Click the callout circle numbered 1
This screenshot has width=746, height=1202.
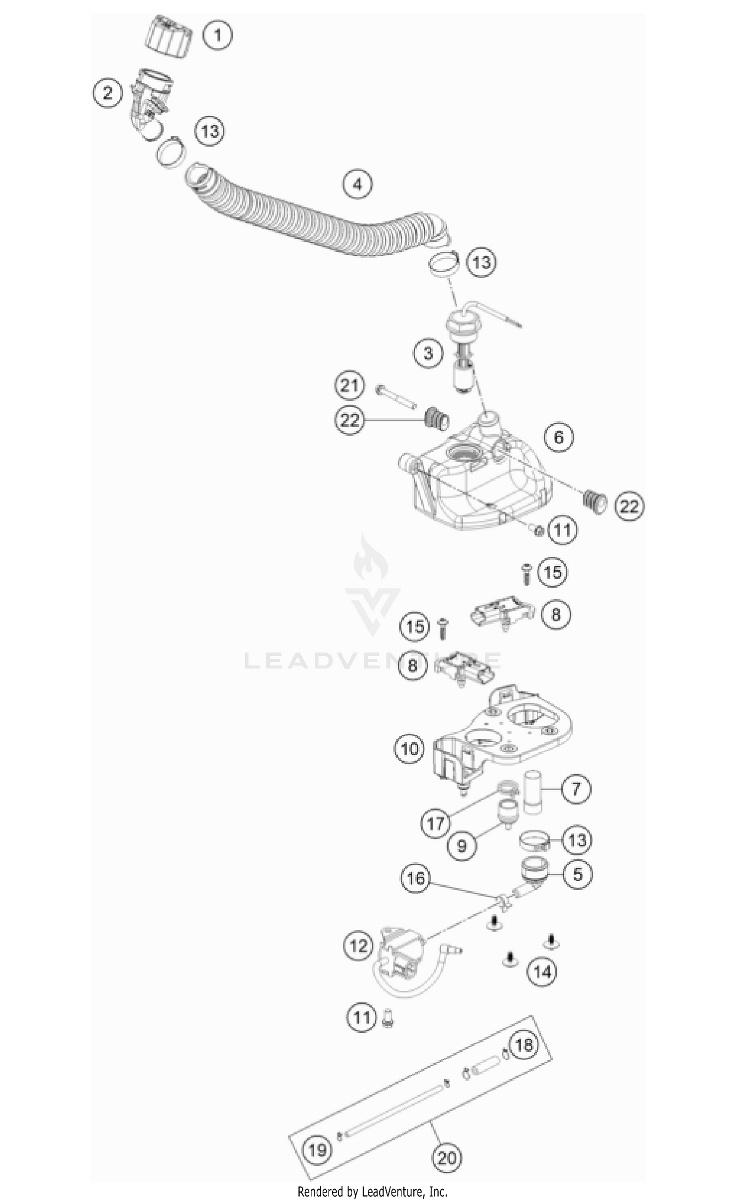point(217,35)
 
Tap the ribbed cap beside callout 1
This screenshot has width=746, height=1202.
point(170,36)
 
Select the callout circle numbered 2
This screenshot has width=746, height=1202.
point(107,93)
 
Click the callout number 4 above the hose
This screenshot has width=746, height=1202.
point(358,185)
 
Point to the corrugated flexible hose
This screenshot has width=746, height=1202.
point(308,219)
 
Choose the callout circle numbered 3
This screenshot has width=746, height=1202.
point(428,354)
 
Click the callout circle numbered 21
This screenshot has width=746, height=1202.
point(349,386)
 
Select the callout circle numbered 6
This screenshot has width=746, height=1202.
point(559,437)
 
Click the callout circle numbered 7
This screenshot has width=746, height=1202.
point(576,789)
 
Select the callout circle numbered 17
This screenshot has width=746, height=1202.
point(435,823)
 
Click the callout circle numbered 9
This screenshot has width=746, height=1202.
point(462,846)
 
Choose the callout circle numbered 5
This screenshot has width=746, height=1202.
point(577,874)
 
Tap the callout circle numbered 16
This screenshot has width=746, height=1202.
point(416,879)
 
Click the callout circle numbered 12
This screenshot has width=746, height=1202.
point(358,946)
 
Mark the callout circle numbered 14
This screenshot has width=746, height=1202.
point(542,971)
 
